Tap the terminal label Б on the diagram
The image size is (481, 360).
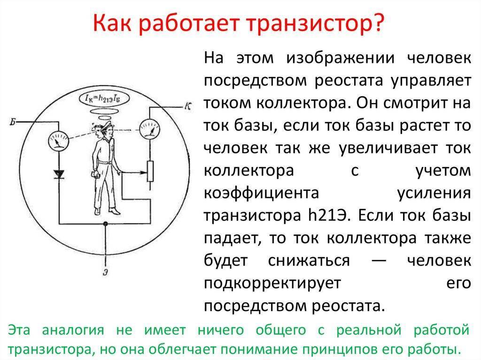click(x=13, y=122)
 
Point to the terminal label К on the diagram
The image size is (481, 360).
click(x=188, y=107)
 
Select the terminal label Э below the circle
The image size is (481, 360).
click(x=105, y=272)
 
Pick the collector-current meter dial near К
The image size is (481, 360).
click(x=149, y=129)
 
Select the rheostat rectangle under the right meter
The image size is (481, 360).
click(x=150, y=171)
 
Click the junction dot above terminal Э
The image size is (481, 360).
click(x=106, y=224)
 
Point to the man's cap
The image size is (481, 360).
click(x=107, y=124)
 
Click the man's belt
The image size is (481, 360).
click(x=105, y=162)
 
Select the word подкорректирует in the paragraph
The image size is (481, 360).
click(x=272, y=283)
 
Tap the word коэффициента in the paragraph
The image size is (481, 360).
click(x=261, y=193)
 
